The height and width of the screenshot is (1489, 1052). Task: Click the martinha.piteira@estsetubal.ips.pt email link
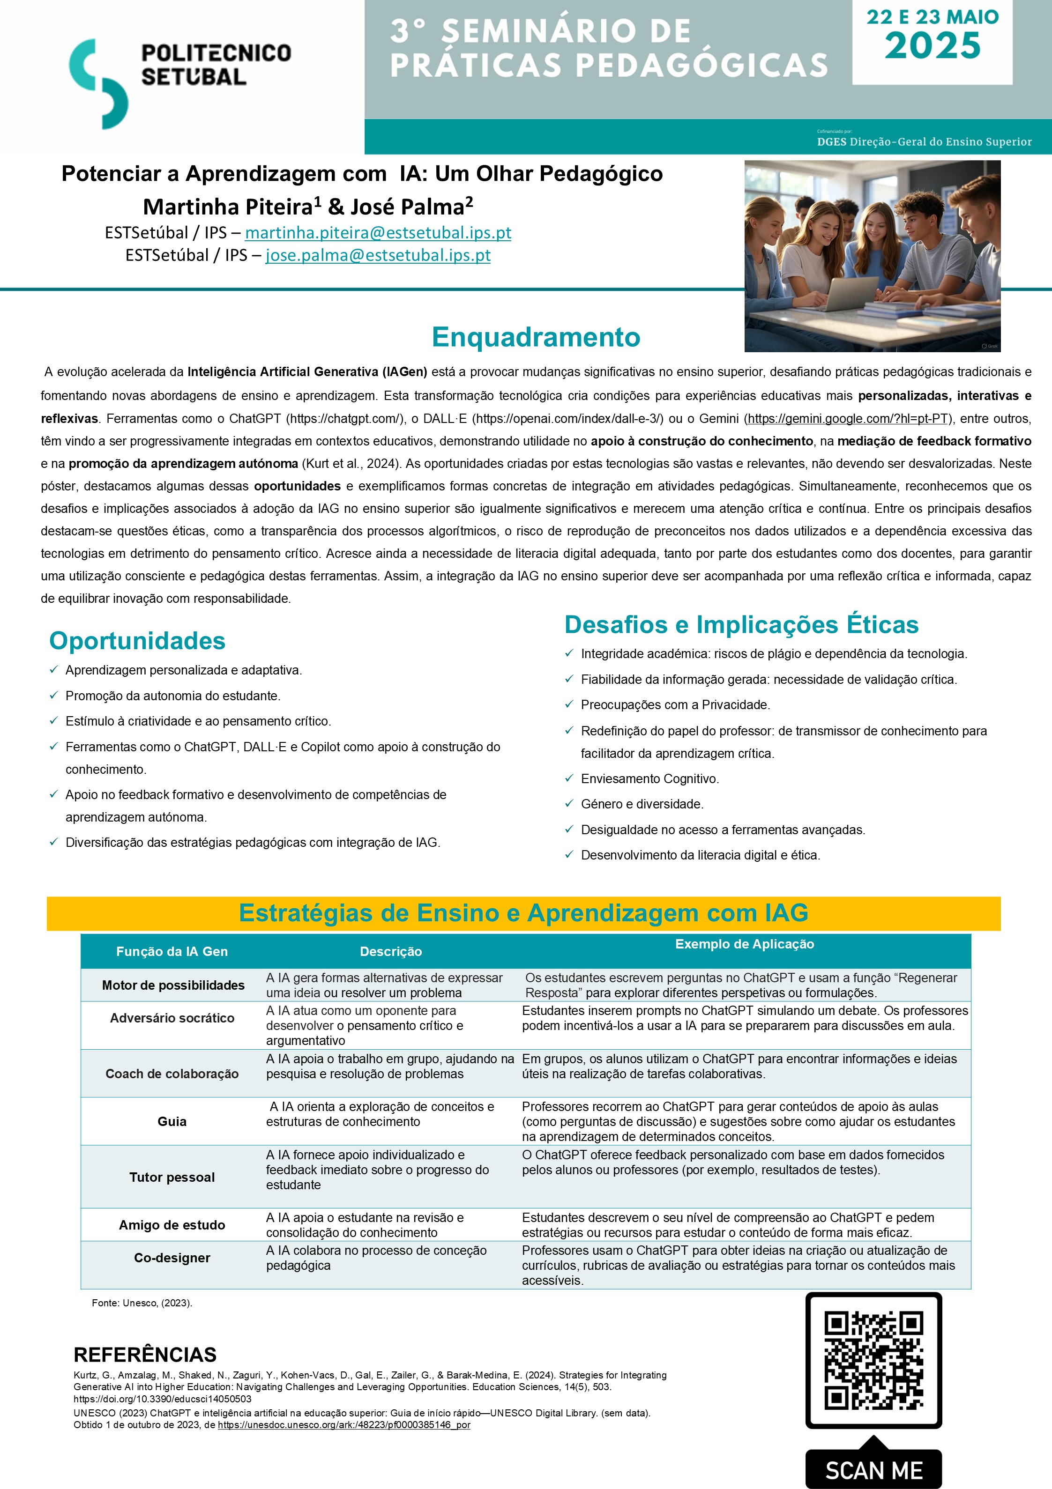378,233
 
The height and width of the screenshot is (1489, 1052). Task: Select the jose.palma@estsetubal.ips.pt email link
378,256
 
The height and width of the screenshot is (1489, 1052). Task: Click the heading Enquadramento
536,337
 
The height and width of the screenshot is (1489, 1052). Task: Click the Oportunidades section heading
137,641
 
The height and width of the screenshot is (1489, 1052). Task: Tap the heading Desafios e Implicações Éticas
741,624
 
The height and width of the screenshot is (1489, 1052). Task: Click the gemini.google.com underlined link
848,419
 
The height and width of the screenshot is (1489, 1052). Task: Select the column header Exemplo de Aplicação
745,944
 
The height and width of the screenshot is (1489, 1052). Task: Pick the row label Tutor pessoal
172,1177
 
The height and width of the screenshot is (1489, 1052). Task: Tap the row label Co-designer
172,1258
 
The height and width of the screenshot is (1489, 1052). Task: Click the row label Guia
172,1121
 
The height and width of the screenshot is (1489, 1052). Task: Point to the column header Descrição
391,951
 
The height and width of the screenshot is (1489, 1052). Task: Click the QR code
873,1360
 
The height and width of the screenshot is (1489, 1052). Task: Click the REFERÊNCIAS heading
145,1355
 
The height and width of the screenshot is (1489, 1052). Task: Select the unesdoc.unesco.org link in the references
344,1425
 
